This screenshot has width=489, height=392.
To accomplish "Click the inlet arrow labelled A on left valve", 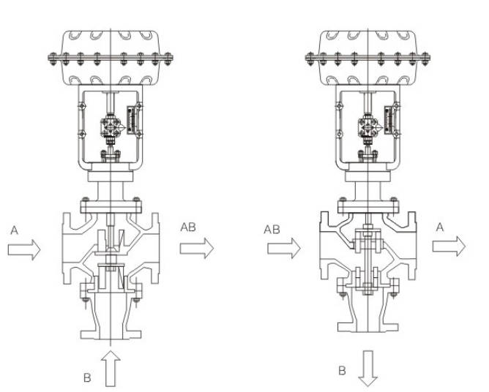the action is tap(24, 249).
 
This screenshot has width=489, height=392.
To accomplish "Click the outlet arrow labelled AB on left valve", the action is tap(197, 248).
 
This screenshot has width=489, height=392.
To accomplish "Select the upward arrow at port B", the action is tap(111, 369).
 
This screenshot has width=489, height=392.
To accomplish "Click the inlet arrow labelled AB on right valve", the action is tap(284, 248).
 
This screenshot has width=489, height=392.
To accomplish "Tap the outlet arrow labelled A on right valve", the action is tap(449, 246).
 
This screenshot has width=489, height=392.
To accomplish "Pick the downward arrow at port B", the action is tap(368, 369).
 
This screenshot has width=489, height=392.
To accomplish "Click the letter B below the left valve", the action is tap(87, 377).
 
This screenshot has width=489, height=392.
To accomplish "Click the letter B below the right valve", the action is tap(342, 371).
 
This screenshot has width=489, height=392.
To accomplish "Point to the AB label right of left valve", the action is tap(188, 227).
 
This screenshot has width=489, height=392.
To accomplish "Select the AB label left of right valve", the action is tap(272, 230).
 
